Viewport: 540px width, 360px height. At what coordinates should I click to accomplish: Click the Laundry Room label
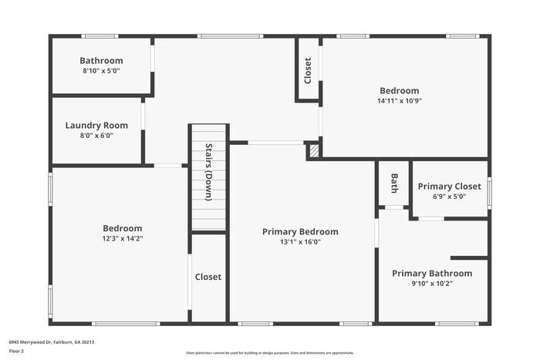pyautogui.click(x=96, y=125)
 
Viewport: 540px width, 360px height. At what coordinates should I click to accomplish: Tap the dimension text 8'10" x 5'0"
pyautogui.click(x=101, y=71)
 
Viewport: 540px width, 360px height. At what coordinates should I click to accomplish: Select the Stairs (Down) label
pyautogui.click(x=208, y=172)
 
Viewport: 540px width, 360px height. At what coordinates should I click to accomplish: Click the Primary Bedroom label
pyautogui.click(x=300, y=231)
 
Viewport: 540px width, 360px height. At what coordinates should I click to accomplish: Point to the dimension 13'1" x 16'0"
pyautogui.click(x=300, y=242)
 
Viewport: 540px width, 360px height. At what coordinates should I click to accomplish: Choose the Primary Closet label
pyautogui.click(x=449, y=187)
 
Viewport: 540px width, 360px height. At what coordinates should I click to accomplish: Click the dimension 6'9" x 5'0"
pyautogui.click(x=449, y=197)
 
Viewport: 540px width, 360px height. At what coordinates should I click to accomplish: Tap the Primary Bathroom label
pyautogui.click(x=432, y=274)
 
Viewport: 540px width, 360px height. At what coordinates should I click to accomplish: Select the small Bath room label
pyautogui.click(x=393, y=183)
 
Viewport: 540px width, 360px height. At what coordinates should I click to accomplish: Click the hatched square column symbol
pyautogui.click(x=313, y=151)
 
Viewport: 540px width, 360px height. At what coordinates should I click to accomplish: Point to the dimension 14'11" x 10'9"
pyautogui.click(x=399, y=101)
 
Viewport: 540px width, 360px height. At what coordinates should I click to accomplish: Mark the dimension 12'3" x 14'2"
pyautogui.click(x=123, y=239)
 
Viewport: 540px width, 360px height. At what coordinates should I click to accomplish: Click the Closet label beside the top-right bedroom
pyautogui.click(x=308, y=71)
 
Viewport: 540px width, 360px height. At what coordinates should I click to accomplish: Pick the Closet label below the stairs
pyautogui.click(x=208, y=277)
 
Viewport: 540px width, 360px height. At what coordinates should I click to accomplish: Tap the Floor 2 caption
pyautogui.click(x=16, y=351)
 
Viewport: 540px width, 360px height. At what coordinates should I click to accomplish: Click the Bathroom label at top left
pyautogui.click(x=101, y=61)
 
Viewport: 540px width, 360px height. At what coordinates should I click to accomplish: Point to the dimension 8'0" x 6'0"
pyautogui.click(x=96, y=135)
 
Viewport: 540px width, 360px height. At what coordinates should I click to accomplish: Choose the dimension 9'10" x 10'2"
pyautogui.click(x=432, y=284)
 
